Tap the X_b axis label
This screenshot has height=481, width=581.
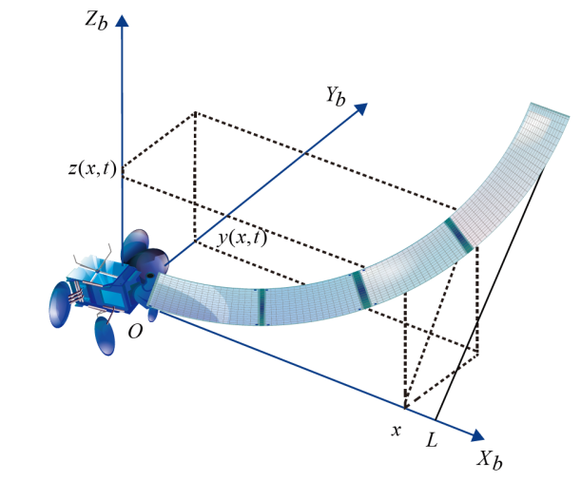[x=490, y=462]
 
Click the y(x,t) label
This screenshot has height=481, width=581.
[x=242, y=238]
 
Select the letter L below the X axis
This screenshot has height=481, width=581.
[x=432, y=440]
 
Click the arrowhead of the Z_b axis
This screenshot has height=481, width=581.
[x=122, y=20]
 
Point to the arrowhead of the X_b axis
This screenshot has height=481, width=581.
[x=476, y=437]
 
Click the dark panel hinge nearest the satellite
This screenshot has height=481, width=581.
[x=261, y=307]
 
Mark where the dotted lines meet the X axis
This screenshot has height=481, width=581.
[x=405, y=407]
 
